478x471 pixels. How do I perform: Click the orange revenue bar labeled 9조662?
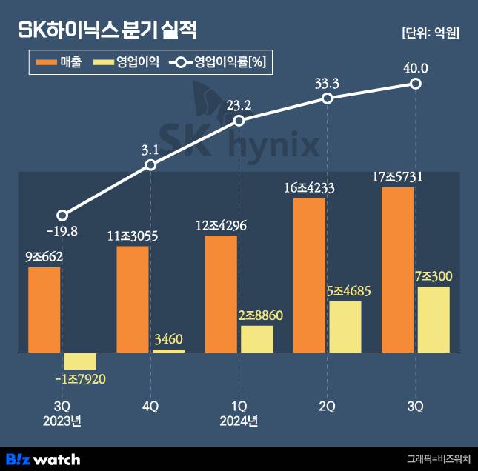coord(44,310)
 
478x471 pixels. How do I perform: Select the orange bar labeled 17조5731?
coord(397,270)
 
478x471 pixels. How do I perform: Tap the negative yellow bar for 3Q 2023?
coord(80,361)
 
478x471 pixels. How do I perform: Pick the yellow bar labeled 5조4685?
coord(345,327)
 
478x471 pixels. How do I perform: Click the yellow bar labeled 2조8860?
coord(256,339)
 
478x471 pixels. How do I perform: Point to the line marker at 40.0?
coord(416,84)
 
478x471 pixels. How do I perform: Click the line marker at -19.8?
coord(62,215)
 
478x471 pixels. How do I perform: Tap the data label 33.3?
coord(327,84)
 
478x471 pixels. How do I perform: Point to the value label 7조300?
coord(434,277)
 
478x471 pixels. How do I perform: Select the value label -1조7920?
coord(81,380)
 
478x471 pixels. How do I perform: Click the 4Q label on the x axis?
coord(150,407)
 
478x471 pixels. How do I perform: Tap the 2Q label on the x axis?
coord(327,407)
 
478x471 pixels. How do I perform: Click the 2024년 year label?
coord(239,422)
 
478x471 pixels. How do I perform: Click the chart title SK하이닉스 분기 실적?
coord(107,31)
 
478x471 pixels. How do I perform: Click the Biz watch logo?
coord(43,458)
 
